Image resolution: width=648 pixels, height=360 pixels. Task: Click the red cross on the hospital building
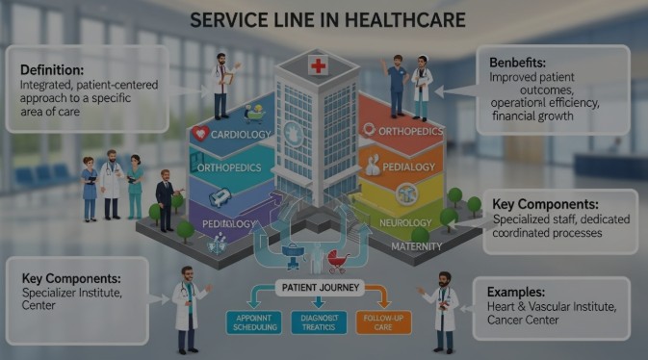coord(318,66)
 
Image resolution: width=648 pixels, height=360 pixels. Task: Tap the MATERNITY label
coord(417,246)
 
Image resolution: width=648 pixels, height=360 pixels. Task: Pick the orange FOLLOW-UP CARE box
coord(383,321)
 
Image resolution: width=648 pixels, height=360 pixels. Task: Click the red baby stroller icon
coord(336,260)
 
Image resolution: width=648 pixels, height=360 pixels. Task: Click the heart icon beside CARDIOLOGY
coord(201,134)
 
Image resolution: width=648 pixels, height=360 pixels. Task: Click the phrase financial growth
coord(532,115)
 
